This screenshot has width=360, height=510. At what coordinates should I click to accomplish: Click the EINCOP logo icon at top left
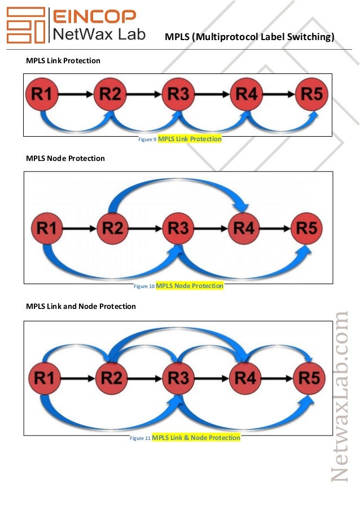[25, 25]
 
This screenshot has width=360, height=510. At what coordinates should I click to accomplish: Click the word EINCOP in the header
[94, 17]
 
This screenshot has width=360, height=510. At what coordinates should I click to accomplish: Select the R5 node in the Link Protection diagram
[312, 95]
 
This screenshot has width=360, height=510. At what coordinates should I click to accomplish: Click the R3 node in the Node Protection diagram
[178, 229]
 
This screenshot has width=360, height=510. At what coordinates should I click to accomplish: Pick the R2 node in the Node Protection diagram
[113, 229]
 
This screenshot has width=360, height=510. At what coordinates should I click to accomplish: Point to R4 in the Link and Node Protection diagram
[245, 378]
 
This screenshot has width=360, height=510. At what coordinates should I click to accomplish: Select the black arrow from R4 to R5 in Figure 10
[276, 229]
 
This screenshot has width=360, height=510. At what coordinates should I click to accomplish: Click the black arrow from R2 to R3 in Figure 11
[146, 378]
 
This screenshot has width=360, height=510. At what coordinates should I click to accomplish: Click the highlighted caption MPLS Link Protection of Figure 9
[190, 139]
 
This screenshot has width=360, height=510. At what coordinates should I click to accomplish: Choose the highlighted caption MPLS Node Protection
[190, 286]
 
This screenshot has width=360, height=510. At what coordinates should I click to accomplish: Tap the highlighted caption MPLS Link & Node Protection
[196, 438]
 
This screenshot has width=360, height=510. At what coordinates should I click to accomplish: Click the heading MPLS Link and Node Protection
[81, 306]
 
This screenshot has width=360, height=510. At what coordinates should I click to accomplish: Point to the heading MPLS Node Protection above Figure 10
[65, 158]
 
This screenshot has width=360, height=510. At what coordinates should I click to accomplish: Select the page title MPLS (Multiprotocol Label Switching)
[249, 37]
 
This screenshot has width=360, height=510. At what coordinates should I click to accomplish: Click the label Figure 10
[143, 286]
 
